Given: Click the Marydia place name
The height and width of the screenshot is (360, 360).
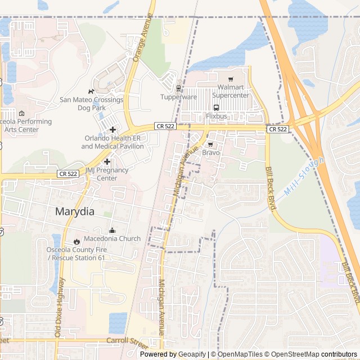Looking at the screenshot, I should click(x=75, y=212).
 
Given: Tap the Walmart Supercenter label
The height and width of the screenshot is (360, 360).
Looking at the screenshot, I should click(x=231, y=91).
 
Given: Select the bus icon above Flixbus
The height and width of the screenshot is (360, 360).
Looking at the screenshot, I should click(x=216, y=107).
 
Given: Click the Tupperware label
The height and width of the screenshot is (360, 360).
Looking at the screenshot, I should click(x=179, y=97).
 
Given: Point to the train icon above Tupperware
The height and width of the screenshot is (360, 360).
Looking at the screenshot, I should click(x=179, y=88).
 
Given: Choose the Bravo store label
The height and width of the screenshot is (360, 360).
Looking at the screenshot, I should click(x=211, y=152).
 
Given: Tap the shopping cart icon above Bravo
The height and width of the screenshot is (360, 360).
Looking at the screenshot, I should click(x=211, y=144).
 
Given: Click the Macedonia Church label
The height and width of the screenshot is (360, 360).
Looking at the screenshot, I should click(x=112, y=238).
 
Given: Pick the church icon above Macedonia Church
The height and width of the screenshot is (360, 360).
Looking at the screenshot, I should click(x=112, y=230).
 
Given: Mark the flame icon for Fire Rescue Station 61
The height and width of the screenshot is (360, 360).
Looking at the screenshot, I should click(x=76, y=241).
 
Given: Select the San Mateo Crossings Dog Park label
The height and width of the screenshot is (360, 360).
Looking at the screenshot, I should click(x=91, y=103).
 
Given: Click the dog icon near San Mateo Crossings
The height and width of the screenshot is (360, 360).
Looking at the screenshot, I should click(x=91, y=91).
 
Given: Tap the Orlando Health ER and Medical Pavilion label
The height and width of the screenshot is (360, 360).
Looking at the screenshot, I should click(x=112, y=142).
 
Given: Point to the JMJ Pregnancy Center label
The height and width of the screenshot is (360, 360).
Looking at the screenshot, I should click(x=107, y=174).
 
